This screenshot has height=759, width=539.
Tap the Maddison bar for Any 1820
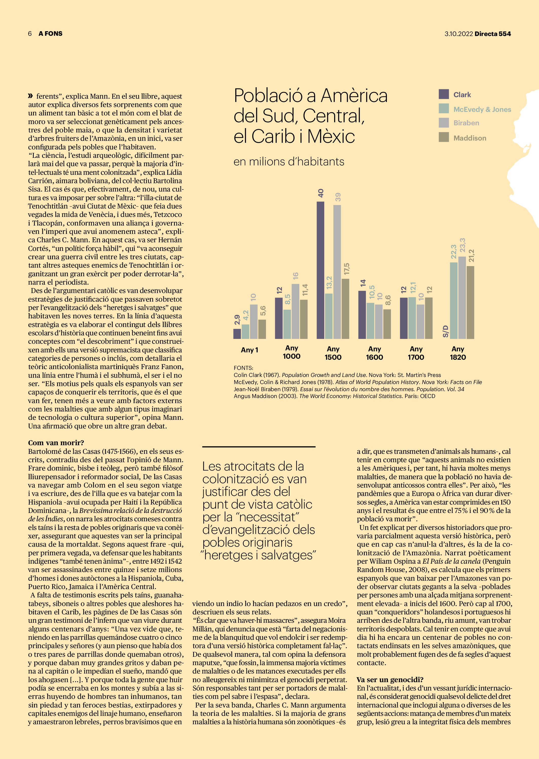click(x=470, y=302)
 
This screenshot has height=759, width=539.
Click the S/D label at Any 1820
click(x=445, y=331)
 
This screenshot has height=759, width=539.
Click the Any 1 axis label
click(x=249, y=350)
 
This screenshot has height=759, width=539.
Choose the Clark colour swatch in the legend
click(x=444, y=94)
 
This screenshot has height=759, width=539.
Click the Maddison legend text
click(x=470, y=138)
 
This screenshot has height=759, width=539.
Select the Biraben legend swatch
click(x=444, y=123)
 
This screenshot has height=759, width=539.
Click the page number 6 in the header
click(x=30, y=33)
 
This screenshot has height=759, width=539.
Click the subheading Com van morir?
click(x=56, y=443)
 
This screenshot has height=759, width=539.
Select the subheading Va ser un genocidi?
click(x=390, y=679)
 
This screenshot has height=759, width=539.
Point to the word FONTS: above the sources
click(x=243, y=368)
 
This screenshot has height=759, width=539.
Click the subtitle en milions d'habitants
click(x=289, y=162)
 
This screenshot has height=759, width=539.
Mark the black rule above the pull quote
click(x=259, y=447)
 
